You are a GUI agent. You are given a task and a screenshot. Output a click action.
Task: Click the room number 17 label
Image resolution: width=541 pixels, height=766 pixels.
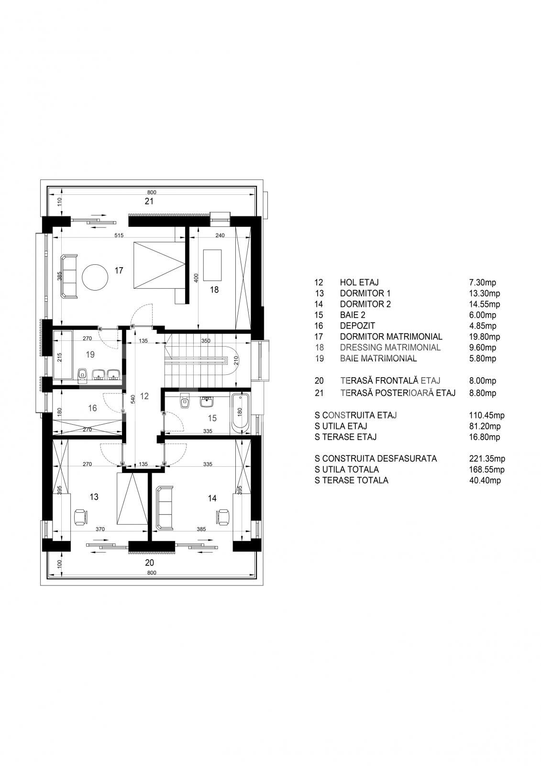[x=119, y=270]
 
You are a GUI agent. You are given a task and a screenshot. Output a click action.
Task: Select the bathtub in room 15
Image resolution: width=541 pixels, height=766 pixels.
[x=240, y=414]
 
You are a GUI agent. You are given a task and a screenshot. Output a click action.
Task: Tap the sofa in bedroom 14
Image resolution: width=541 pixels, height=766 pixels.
[x=165, y=507]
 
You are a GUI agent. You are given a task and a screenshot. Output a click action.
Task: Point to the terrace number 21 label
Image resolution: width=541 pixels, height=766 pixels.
[x=149, y=202]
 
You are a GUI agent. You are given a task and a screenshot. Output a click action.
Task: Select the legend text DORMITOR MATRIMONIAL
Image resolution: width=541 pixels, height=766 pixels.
[x=391, y=337]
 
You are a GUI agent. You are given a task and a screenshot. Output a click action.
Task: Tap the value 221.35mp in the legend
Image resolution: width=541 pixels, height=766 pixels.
[x=487, y=459]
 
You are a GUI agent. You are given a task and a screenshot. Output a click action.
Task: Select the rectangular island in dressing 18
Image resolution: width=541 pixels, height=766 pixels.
[x=212, y=265]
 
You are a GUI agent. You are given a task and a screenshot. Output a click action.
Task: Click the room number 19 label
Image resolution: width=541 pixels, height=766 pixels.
[x=90, y=355]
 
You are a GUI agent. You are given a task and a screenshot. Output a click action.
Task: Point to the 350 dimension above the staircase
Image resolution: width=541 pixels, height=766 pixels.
[x=206, y=341]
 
